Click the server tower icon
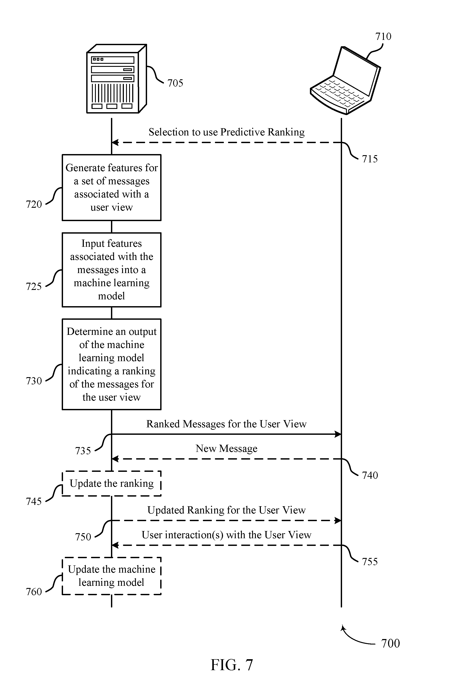(116, 79)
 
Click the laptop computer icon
(345, 80)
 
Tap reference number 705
(175, 83)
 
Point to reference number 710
(383, 36)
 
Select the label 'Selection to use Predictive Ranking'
(227, 132)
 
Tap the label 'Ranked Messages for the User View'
(226, 424)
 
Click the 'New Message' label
(226, 448)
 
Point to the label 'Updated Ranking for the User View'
(226, 510)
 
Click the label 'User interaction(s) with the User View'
(226, 535)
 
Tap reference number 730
(34, 381)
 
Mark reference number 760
(34, 592)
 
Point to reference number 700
(390, 643)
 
